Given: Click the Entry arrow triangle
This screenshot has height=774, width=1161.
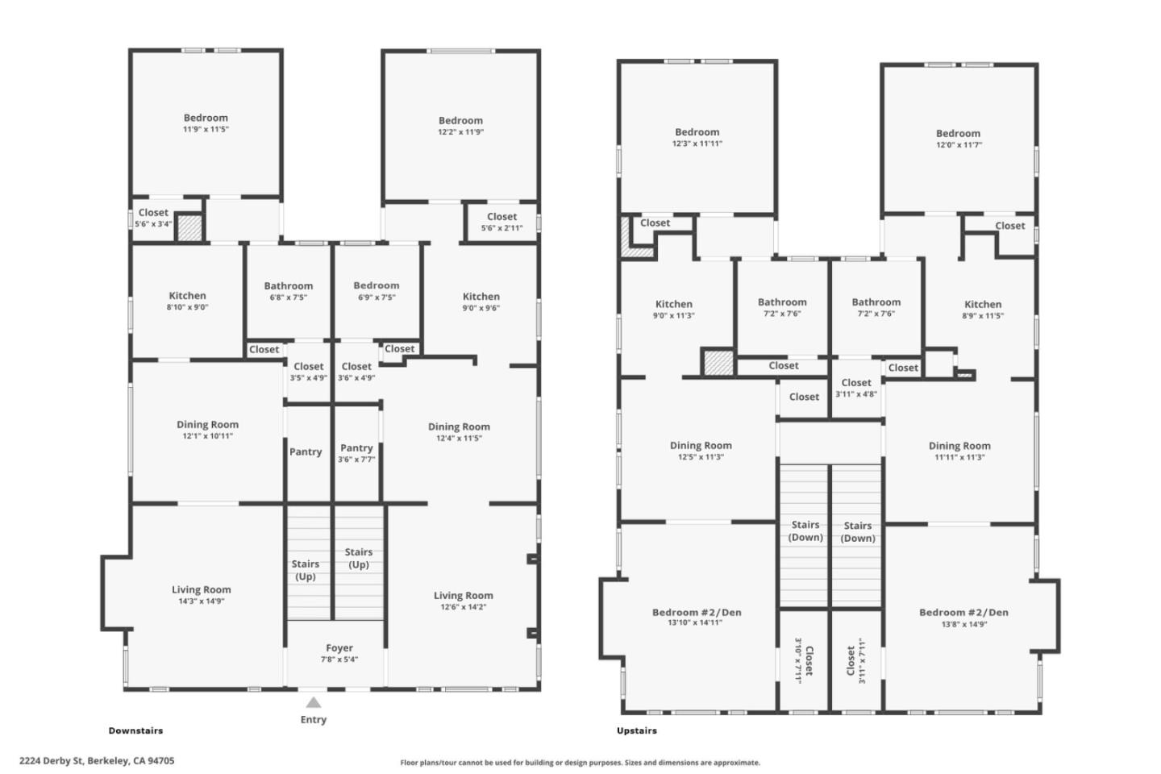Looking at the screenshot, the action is [313, 702].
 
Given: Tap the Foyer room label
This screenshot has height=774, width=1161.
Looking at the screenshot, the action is [339, 648].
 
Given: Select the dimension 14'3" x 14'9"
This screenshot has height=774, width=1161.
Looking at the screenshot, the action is [201, 601].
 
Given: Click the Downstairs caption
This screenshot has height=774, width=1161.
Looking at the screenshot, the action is [135, 730].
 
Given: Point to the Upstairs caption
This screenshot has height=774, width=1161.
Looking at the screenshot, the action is [636, 730].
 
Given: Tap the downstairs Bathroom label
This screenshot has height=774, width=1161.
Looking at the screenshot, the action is [288, 285].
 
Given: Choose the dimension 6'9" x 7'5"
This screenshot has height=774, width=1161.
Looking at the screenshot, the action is [377, 298].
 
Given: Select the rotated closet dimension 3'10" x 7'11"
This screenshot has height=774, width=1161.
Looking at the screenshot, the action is [798, 660].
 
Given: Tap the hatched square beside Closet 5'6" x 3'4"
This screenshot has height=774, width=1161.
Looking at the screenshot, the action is [189, 227].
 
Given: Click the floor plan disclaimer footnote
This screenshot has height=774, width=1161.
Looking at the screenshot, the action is [580, 763].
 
